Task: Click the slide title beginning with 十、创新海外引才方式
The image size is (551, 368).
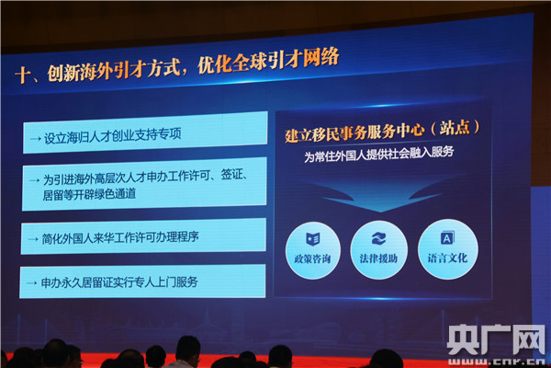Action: point(177,66)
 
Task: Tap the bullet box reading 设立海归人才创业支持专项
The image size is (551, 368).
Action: point(145,132)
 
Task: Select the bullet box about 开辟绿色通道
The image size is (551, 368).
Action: point(144,184)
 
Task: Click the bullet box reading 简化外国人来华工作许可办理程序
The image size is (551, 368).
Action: point(143,236)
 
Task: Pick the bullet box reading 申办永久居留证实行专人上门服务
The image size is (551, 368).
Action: point(142,282)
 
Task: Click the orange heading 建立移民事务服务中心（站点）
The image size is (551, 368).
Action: point(382,131)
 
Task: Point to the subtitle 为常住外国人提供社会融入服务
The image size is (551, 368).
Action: point(378,154)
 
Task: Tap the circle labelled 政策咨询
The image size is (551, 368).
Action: point(313,250)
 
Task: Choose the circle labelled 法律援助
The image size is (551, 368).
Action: point(378,250)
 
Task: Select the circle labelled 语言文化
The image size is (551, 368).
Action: point(448,249)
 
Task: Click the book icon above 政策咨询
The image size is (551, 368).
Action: point(312,239)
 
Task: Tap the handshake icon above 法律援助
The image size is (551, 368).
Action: point(378,238)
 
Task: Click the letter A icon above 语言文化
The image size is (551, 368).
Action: point(447,237)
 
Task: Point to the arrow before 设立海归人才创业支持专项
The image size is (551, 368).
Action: point(36,139)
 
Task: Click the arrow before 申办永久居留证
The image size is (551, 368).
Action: point(31,282)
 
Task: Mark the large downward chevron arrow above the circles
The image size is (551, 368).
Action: point(380,197)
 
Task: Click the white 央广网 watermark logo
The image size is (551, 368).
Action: point(496,339)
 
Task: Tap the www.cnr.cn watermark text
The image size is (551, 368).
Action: point(496,362)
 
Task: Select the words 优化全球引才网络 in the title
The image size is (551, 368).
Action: point(268,61)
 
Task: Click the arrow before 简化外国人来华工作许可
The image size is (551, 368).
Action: point(33,239)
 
